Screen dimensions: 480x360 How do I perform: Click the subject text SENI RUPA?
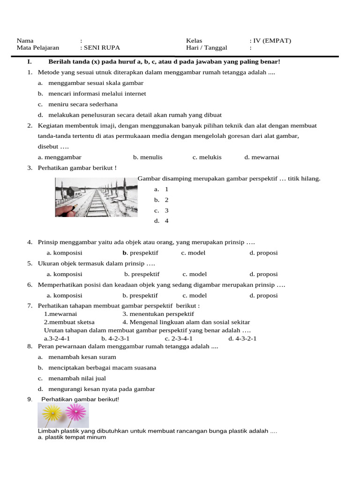pos(100,48)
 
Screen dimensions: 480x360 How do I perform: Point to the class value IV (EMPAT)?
pos(272,40)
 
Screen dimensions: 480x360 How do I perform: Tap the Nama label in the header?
pos(25,40)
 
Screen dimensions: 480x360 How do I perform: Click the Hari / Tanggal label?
pos(206,48)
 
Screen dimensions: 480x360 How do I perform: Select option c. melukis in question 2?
pos(207,157)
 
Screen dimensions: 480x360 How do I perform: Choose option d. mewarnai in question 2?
pos(262,157)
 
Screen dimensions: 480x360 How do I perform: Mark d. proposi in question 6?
pos(263,296)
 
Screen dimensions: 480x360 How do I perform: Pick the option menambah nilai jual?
pos(77,378)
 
